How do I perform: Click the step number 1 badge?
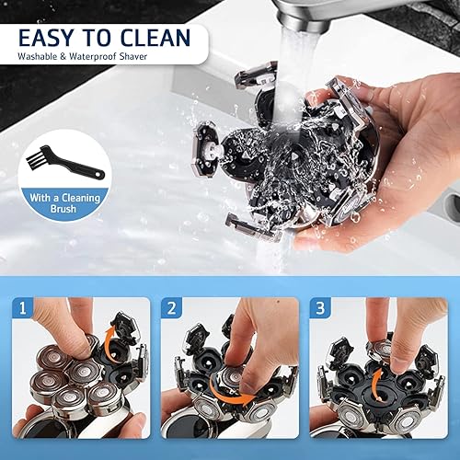23,307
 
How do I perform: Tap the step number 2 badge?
172,307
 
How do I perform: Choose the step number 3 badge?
322,307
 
